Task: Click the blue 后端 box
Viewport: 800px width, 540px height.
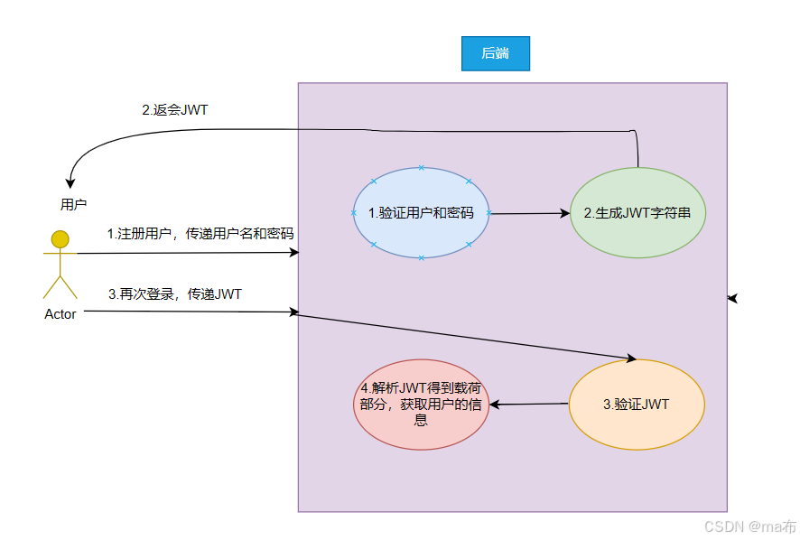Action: click(x=495, y=53)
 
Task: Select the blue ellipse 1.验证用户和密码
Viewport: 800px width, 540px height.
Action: click(x=421, y=213)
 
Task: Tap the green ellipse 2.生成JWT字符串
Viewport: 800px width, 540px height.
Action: click(x=637, y=213)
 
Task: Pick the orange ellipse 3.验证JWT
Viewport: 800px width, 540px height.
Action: click(x=637, y=404)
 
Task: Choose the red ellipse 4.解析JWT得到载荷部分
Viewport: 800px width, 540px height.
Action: click(x=420, y=404)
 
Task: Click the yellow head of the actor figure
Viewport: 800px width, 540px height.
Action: click(x=60, y=239)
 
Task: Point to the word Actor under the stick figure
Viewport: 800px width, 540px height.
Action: click(x=60, y=314)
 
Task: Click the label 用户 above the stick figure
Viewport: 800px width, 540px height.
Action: click(x=74, y=204)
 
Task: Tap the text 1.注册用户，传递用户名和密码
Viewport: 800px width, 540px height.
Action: click(x=200, y=233)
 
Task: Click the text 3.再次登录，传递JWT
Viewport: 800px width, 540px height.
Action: click(x=174, y=293)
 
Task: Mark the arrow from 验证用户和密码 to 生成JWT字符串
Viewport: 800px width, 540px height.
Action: click(x=529, y=214)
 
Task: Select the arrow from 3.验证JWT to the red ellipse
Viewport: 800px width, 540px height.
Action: click(x=529, y=405)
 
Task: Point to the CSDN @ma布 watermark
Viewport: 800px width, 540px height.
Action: click(x=749, y=526)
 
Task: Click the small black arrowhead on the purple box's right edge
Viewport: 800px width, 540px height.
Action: click(x=732, y=297)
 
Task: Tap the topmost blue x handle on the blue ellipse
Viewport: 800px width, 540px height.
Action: click(x=421, y=168)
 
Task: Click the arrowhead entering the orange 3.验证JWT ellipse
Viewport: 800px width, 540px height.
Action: click(x=631, y=358)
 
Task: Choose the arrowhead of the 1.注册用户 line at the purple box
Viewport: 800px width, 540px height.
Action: click(x=293, y=253)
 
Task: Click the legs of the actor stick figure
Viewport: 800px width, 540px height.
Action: click(x=60, y=287)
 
